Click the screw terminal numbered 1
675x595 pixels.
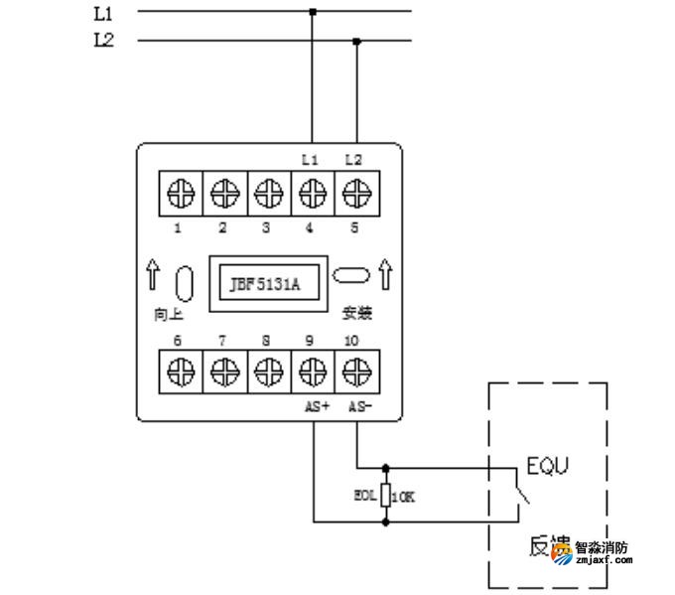tap(180, 194)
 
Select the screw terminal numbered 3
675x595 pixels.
tap(267, 194)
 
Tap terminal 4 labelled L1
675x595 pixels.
tap(312, 194)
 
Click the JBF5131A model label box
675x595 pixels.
tap(266, 284)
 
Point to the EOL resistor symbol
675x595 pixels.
tap(385, 494)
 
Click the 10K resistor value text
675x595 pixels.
tap(403, 495)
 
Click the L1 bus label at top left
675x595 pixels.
tap(104, 13)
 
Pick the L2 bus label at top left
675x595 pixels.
tap(104, 42)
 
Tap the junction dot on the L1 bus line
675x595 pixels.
tap(313, 12)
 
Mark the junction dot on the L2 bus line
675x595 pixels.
tap(356, 41)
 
